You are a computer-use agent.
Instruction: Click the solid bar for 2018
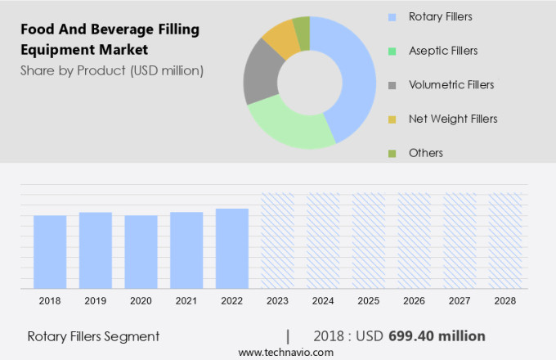50,252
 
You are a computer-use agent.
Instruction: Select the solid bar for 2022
232,249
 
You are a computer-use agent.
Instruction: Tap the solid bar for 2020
141,252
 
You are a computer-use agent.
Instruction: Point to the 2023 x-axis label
277,301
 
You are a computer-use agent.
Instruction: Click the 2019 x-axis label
95,301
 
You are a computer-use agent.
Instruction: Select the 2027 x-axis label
460,301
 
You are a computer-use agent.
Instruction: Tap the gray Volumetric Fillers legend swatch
392,85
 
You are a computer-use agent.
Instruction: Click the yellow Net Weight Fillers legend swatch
392,119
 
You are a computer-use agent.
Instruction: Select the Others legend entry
426,153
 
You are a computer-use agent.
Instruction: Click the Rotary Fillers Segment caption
93,336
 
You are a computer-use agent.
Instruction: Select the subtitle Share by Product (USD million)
112,70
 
